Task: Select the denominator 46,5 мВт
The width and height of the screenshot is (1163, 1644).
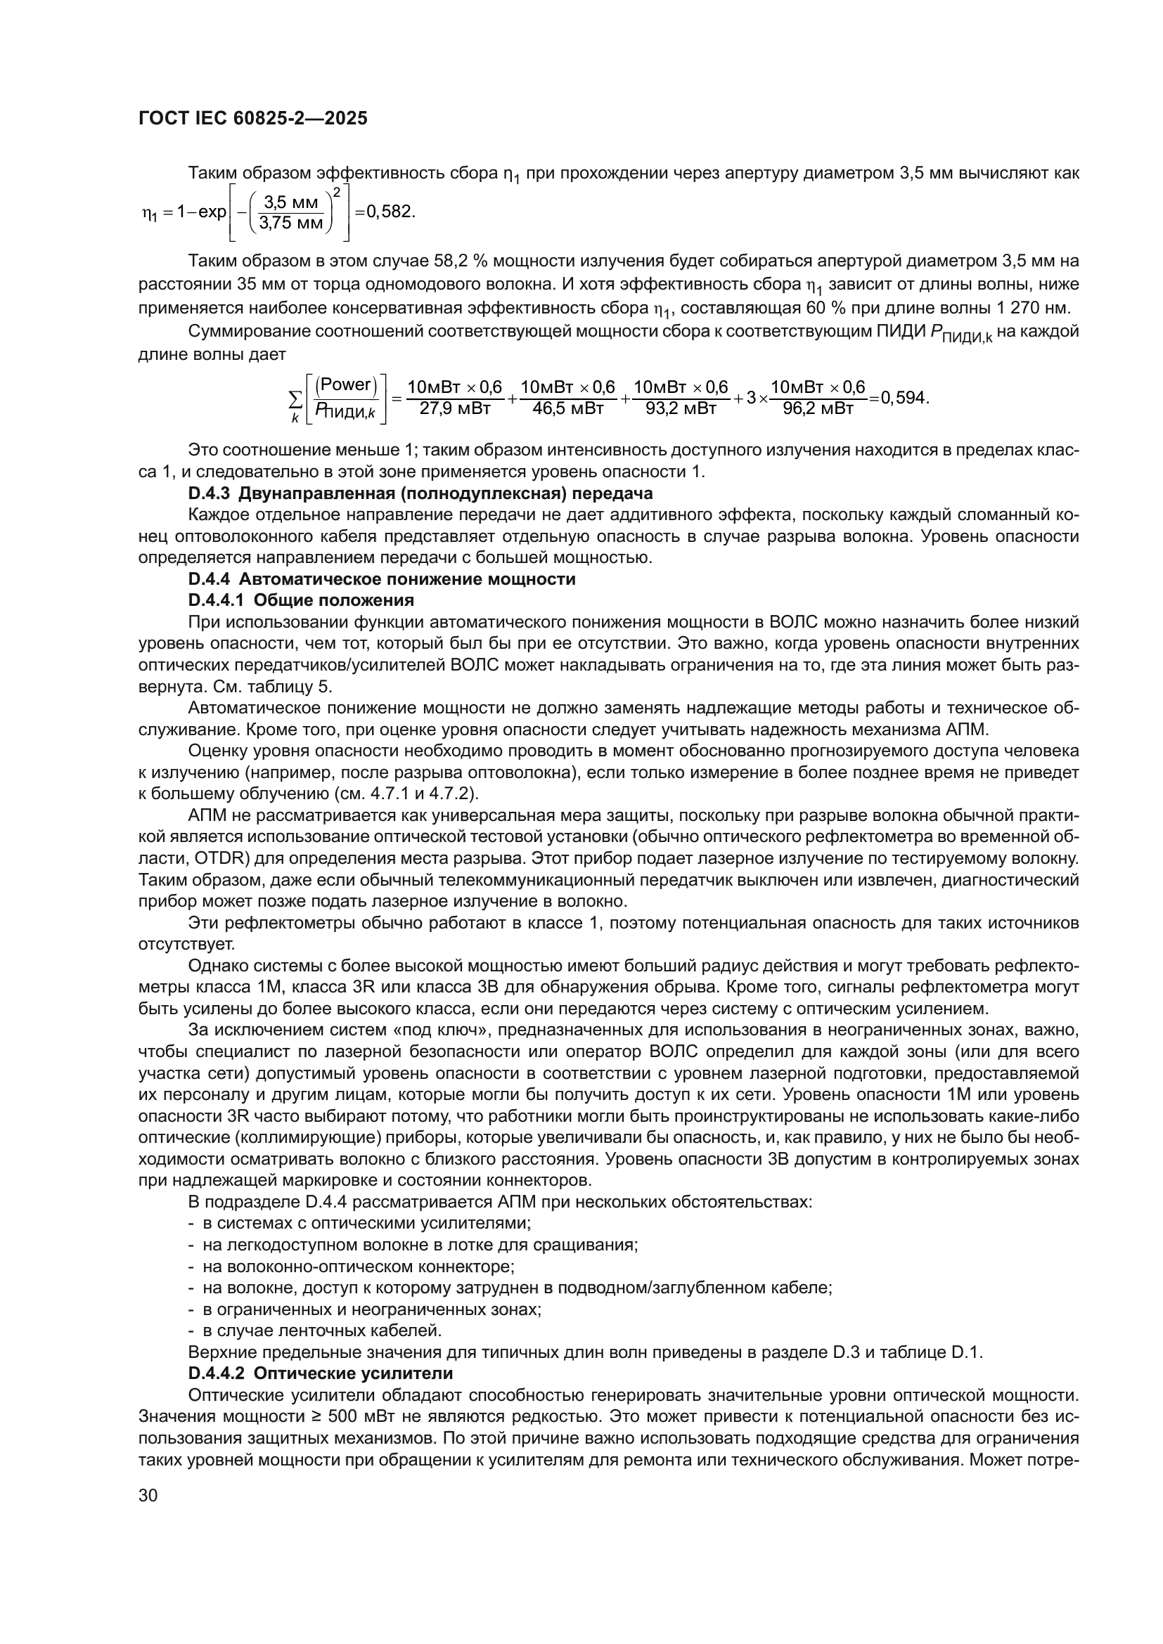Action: pyautogui.click(x=569, y=409)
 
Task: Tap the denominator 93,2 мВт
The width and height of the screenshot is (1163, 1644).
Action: pyautogui.click(x=681, y=409)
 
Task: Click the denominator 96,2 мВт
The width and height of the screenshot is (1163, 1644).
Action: pyautogui.click(x=818, y=409)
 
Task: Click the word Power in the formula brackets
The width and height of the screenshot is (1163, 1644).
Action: pyautogui.click(x=347, y=384)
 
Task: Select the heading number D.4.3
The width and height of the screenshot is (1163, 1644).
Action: pyautogui.click(x=208, y=493)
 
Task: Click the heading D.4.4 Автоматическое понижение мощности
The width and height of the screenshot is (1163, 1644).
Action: pyautogui.click(x=381, y=578)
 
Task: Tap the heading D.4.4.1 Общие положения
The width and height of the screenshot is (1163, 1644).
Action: pyautogui.click(x=301, y=600)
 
